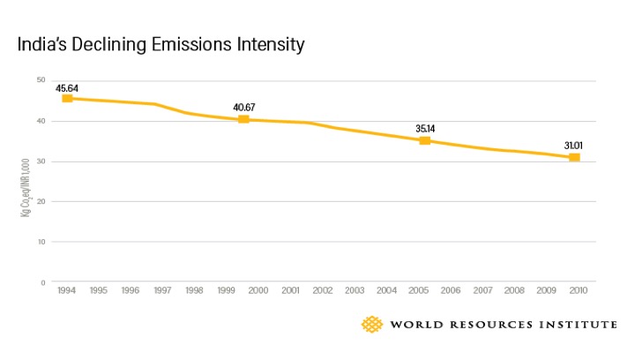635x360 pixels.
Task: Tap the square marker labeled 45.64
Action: pos(67,98)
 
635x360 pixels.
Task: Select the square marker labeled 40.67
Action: pos(243,119)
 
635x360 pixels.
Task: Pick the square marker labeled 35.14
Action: pos(424,140)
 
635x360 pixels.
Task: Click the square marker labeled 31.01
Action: pos(574,157)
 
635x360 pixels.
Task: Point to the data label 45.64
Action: pos(68,88)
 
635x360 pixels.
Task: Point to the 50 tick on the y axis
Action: pos(41,80)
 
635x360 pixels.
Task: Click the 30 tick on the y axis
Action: pos(41,161)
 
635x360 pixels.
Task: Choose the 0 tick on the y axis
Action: pos(42,282)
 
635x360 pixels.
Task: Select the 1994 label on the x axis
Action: pos(67,290)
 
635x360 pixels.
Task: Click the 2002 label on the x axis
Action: pos(322,290)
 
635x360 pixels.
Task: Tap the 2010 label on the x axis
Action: pos(578,290)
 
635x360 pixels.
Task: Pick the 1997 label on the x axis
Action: pos(162,290)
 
